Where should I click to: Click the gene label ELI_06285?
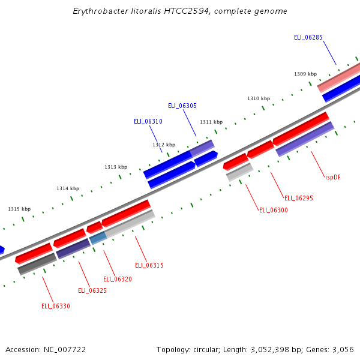(x=308, y=37)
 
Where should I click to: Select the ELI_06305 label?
(x=182, y=106)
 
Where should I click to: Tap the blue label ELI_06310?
(x=148, y=121)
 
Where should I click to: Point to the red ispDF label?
(x=332, y=177)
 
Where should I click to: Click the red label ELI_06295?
(x=299, y=198)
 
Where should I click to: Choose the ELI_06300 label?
(x=274, y=210)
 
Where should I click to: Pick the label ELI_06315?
(x=149, y=265)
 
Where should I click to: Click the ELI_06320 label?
(x=118, y=279)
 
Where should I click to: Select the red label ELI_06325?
(x=92, y=290)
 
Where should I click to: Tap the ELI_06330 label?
(x=56, y=306)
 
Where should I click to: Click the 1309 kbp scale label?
(x=305, y=74)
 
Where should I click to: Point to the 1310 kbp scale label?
(x=259, y=98)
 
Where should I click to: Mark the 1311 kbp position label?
(x=211, y=122)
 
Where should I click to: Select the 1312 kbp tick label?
(x=164, y=145)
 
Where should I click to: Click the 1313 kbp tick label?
(x=116, y=167)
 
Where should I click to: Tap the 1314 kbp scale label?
(x=68, y=188)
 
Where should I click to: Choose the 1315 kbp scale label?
(x=19, y=209)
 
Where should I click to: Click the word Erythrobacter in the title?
(x=100, y=11)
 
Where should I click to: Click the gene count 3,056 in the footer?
(x=343, y=349)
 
